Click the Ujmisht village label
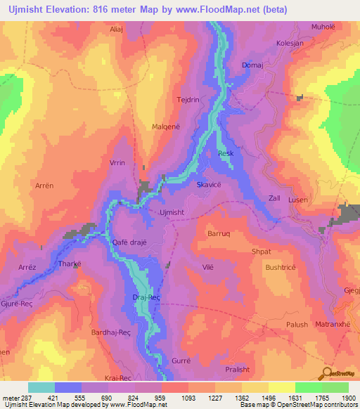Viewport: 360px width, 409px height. click(x=172, y=212)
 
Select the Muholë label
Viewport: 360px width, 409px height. click(x=323, y=27)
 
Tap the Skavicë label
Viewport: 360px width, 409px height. click(x=208, y=184)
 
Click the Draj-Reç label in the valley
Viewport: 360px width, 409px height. click(x=146, y=298)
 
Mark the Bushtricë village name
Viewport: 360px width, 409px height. click(x=281, y=268)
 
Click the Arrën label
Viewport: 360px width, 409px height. click(x=44, y=186)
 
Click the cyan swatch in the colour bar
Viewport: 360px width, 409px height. click(x=41, y=387)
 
